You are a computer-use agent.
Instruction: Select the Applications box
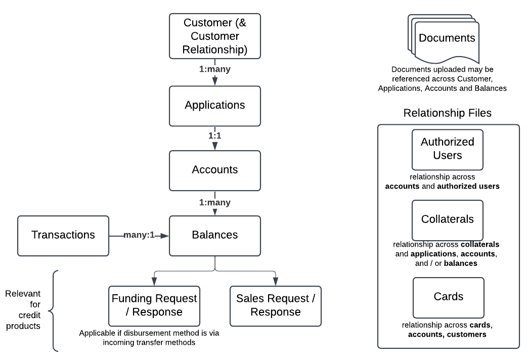click(x=215, y=106)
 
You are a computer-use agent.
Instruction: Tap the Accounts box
click(x=215, y=170)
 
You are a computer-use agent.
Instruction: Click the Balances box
click(x=215, y=235)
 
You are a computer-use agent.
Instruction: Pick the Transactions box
click(x=63, y=235)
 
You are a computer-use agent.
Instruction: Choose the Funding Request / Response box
click(x=154, y=305)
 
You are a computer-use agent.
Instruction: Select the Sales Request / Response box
click(x=276, y=305)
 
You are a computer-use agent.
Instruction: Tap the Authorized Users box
click(x=448, y=149)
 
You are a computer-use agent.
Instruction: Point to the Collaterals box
click(x=448, y=219)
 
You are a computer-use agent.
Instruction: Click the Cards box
click(x=448, y=297)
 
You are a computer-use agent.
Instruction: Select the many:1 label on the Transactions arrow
click(x=139, y=235)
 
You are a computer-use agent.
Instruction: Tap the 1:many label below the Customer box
click(x=215, y=69)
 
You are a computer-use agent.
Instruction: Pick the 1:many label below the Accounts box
click(x=215, y=202)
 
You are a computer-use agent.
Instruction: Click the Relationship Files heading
click(x=448, y=113)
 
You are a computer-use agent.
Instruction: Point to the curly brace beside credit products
click(x=55, y=310)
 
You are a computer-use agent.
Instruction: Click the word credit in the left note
click(x=22, y=315)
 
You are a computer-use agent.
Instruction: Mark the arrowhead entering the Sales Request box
click(x=276, y=282)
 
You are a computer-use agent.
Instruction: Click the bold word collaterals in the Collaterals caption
click(x=480, y=244)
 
